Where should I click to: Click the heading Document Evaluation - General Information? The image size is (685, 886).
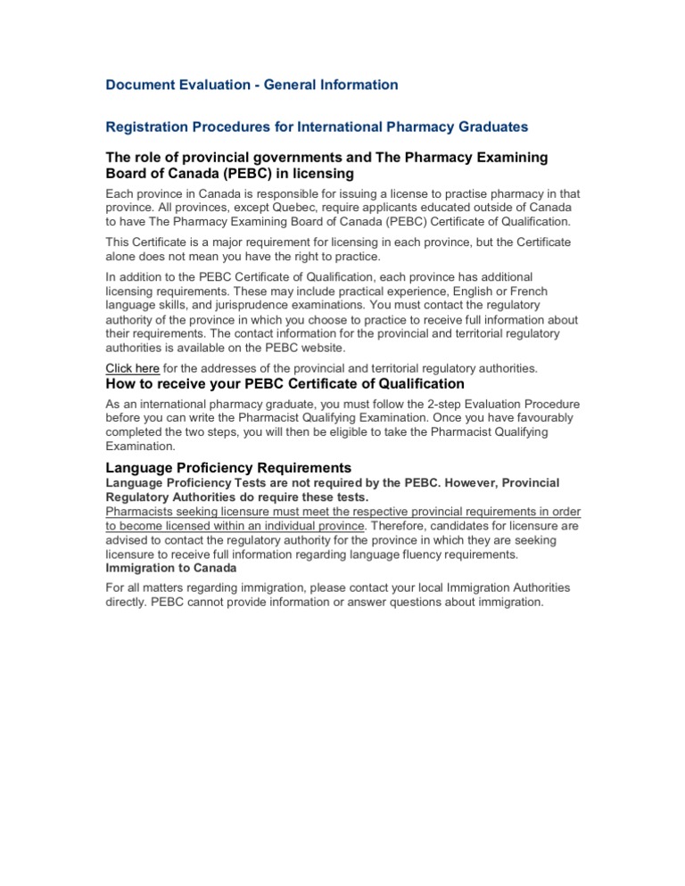(252, 85)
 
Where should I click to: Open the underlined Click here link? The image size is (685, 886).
(133, 368)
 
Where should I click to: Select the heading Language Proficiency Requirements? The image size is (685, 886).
(228, 468)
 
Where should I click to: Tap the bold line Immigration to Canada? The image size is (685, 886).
(171, 568)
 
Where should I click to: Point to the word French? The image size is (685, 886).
(525, 291)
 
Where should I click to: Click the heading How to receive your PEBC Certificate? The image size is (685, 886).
(285, 384)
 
